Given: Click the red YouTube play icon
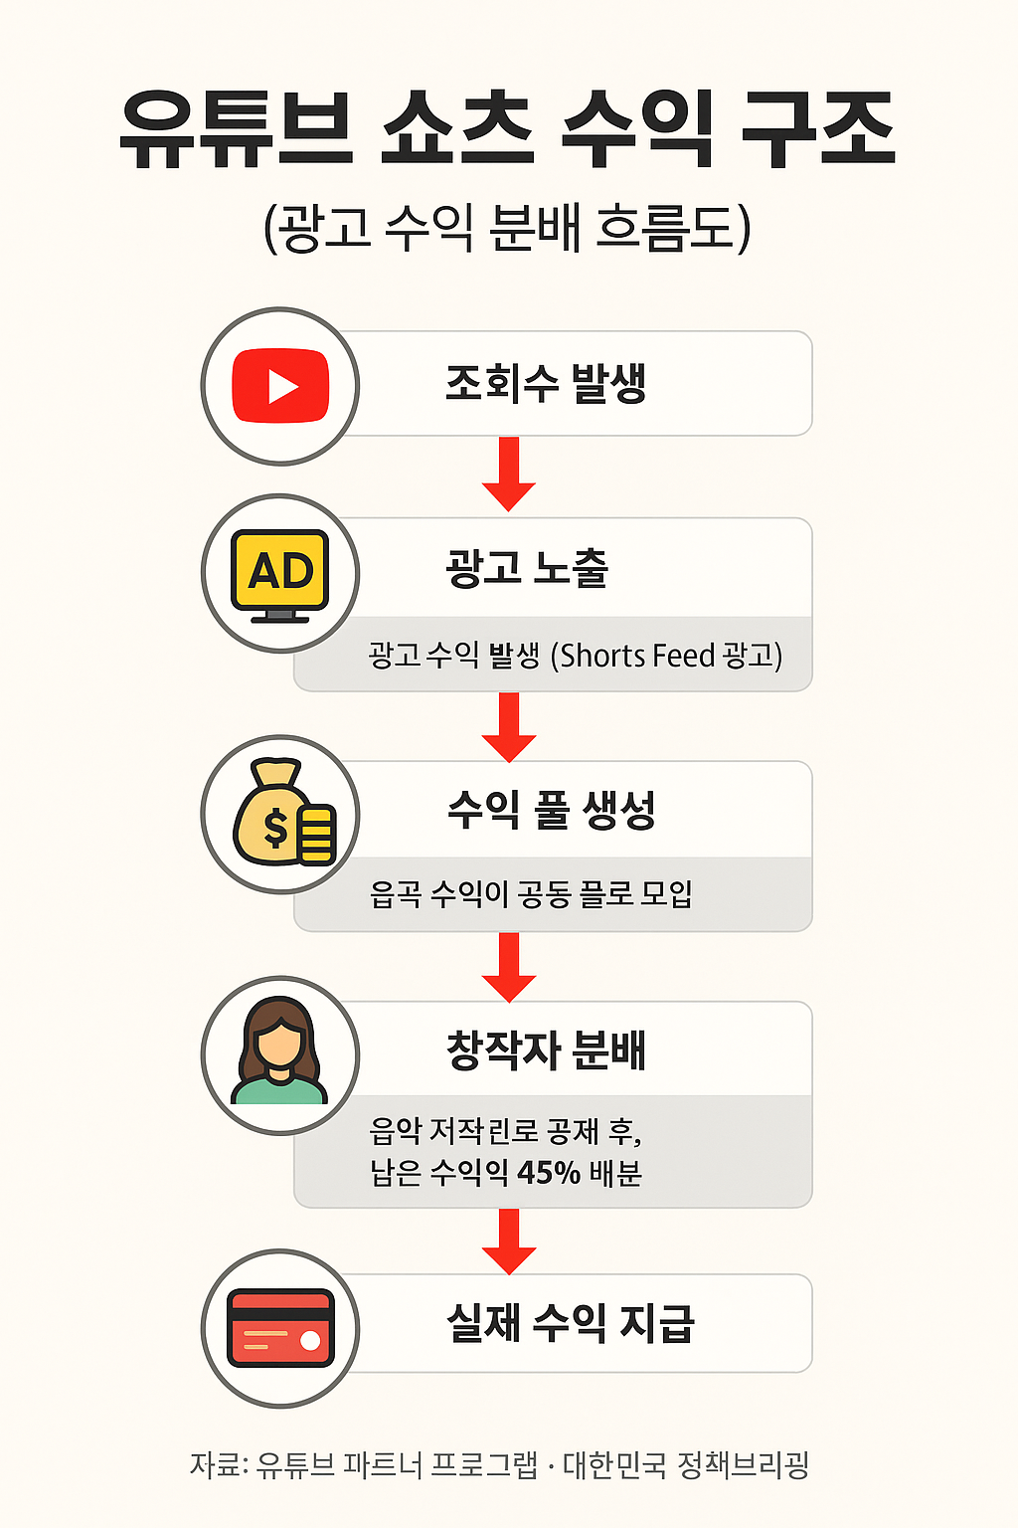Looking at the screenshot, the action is click(280, 386).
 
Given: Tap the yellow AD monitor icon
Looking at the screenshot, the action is click(280, 574).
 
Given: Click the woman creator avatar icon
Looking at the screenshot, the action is click(280, 1052).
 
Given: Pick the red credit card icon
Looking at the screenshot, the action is click(280, 1328).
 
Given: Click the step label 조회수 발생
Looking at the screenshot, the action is click(546, 384).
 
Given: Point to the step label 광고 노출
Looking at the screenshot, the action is click(527, 569).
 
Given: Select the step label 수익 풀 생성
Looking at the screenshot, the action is click(551, 810).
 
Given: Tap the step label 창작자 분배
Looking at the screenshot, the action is click(546, 1050).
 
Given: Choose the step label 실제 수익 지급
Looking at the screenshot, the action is click(570, 1323).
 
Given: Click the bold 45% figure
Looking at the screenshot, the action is click(549, 1173).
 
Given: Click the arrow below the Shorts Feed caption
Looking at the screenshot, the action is click(509, 727).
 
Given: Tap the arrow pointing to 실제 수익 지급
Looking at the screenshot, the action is click(509, 1241).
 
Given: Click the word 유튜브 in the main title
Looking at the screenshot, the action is click(236, 130).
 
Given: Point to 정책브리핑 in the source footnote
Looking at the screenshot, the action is click(743, 1464).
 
